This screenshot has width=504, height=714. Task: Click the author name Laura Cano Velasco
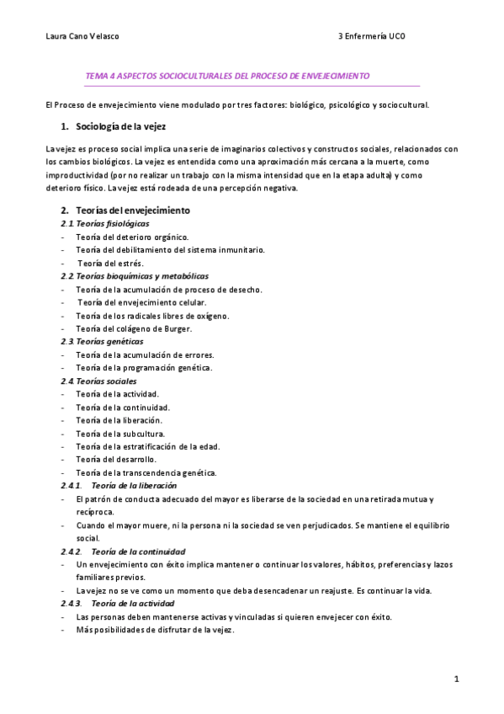(82, 36)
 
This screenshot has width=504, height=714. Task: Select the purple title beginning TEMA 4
(227, 76)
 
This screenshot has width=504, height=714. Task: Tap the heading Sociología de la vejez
(120, 127)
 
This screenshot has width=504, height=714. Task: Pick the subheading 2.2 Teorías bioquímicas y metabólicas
(135, 276)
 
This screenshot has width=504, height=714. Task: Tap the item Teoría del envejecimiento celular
(142, 302)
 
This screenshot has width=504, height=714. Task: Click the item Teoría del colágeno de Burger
(134, 328)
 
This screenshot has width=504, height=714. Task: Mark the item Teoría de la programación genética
(144, 368)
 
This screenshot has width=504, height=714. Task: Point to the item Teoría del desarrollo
(115, 460)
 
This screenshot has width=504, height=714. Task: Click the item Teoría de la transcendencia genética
(146, 472)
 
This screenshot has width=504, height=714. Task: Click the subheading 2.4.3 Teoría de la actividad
(117, 604)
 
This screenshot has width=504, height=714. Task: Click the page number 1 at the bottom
(455, 679)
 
